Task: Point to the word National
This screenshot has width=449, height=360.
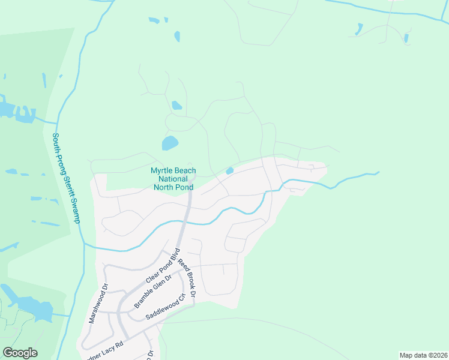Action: [x=173, y=179]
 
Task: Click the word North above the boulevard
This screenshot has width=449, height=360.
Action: [x=166, y=187]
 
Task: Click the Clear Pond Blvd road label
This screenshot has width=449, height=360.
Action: [x=162, y=265]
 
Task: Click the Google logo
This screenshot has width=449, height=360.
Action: [x=20, y=353]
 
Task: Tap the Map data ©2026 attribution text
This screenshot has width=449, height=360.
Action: [x=423, y=355]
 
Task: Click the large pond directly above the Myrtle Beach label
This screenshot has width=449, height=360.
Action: [x=170, y=143]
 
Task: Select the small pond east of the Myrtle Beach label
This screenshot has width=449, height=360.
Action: [x=229, y=171]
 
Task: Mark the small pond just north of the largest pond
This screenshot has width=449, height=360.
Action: [x=176, y=106]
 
